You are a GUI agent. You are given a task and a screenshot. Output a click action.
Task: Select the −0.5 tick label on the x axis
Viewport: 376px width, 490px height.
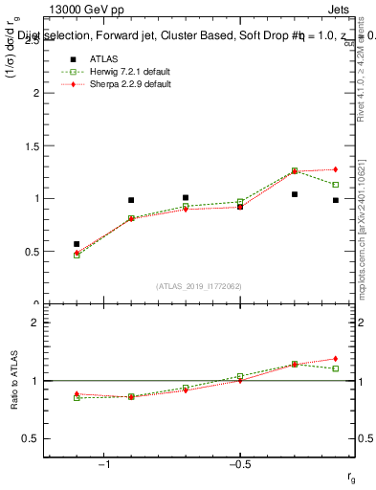point(239,464)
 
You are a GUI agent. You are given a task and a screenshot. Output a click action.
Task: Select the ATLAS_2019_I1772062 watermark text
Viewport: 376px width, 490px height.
point(199,286)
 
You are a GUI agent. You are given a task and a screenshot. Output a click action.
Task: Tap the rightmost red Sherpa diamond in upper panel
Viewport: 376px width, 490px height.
point(335,169)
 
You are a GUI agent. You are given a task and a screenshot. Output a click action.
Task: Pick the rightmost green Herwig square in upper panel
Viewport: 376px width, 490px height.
point(335,185)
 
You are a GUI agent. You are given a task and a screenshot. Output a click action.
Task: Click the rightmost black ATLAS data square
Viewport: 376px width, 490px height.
point(335,200)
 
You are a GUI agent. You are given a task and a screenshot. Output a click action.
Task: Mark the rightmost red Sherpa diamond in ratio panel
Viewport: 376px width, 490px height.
point(335,359)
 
